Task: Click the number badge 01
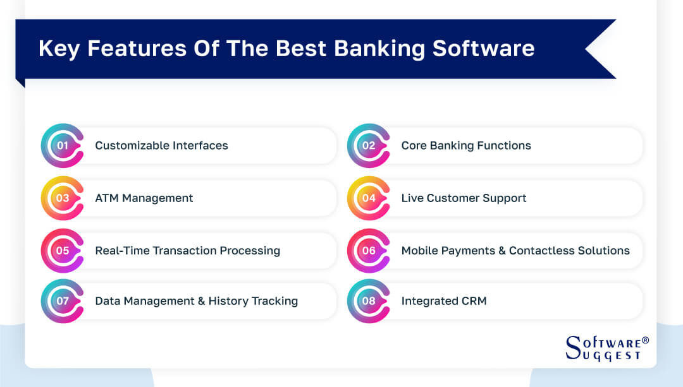point(62,146)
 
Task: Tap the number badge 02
point(369,146)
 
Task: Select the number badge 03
point(62,198)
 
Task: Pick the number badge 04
point(369,198)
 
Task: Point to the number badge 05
point(62,251)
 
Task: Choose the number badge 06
point(369,251)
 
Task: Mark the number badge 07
point(62,301)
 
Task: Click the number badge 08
point(369,301)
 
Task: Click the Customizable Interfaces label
point(161,146)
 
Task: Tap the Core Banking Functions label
point(466,146)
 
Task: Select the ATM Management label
point(144,198)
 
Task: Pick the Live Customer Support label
point(464,198)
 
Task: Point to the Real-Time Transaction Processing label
point(187,251)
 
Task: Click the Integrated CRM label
point(444,301)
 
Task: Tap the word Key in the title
point(59,49)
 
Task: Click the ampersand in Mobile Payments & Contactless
point(501,251)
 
